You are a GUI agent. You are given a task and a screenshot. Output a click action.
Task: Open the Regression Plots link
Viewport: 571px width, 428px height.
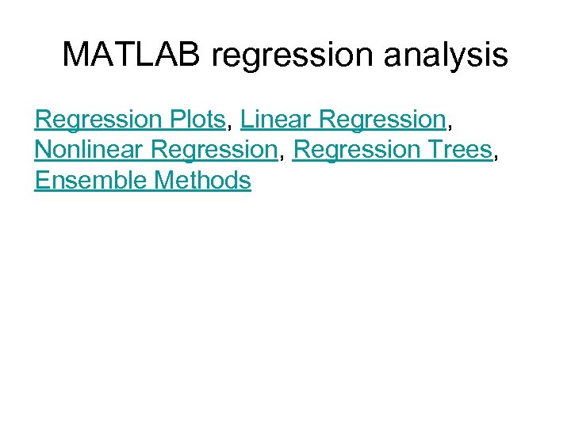point(130,119)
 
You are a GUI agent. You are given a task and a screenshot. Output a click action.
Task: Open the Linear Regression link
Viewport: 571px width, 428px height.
point(343,119)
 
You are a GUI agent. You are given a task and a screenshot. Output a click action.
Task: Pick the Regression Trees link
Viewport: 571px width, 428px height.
point(393,150)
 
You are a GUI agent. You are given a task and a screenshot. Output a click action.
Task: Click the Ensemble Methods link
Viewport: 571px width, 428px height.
point(143,181)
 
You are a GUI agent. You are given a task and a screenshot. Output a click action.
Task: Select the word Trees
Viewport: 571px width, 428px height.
point(460,150)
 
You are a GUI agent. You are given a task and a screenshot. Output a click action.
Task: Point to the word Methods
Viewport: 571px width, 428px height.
point(203,181)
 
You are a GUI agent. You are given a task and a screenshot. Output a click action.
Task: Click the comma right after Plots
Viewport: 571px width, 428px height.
point(229,126)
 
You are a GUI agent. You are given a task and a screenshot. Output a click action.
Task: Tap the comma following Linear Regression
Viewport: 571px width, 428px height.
point(450,126)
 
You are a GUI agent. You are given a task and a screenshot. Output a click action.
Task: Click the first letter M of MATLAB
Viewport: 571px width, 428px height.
point(75,55)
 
